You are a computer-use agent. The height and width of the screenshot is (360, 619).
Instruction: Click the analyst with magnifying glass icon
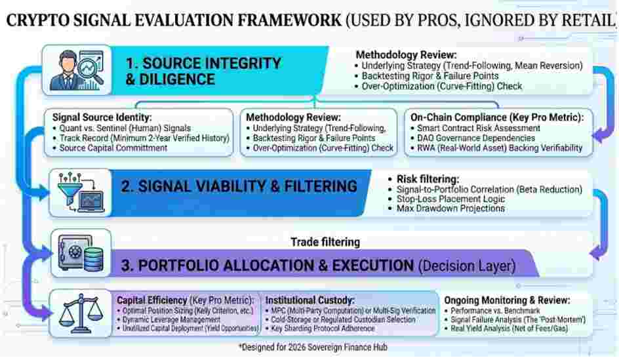coord(79,70)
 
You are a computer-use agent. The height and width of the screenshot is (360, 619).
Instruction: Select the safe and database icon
coord(80,255)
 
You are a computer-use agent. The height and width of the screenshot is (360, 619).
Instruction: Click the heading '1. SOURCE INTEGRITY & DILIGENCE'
coord(203,71)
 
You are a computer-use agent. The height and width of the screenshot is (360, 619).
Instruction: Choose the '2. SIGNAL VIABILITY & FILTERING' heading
coord(239,186)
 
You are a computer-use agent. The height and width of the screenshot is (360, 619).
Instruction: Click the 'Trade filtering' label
coord(325,242)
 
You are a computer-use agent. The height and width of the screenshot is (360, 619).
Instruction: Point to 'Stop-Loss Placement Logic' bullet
coord(450,199)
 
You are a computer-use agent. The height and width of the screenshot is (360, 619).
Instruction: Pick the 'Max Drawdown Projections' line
coord(450,209)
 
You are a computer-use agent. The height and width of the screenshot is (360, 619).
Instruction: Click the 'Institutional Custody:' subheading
coord(309,300)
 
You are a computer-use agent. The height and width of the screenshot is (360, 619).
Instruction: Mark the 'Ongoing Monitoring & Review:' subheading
coord(507,300)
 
